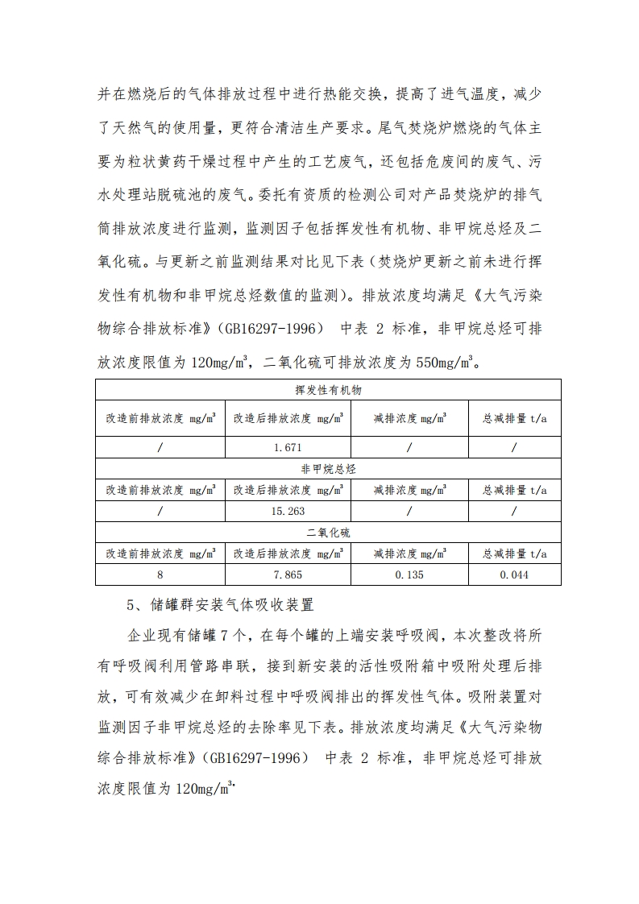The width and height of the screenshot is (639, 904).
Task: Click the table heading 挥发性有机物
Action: [x=328, y=390]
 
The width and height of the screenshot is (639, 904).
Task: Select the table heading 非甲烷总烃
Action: [x=328, y=467]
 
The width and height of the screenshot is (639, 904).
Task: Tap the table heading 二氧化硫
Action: [x=328, y=533]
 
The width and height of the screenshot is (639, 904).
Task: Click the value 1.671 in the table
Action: [x=288, y=447]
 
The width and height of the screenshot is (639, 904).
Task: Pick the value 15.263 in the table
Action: [x=288, y=511]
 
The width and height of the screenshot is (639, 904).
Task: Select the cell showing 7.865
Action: [x=288, y=574]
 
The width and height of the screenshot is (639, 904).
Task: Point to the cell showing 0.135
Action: [x=409, y=574]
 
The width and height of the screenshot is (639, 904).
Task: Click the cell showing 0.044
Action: [x=515, y=574]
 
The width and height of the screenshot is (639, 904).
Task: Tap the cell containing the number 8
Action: [x=160, y=574]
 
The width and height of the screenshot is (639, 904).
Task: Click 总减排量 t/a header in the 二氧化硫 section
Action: [x=515, y=554]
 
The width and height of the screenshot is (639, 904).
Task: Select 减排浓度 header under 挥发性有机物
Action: [x=409, y=419]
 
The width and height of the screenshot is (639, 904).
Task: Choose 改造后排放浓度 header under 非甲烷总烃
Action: [x=288, y=489]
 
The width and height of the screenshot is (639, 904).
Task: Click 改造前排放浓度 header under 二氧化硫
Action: [x=160, y=554]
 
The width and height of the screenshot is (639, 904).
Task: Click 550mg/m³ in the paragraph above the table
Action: [x=448, y=363]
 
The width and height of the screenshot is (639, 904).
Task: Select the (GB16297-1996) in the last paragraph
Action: [x=256, y=758]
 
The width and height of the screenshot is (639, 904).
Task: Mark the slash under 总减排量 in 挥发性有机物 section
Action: [x=515, y=447]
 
